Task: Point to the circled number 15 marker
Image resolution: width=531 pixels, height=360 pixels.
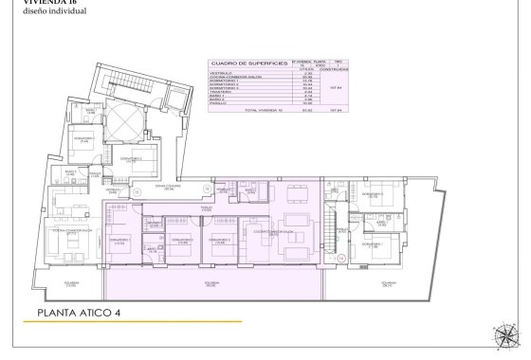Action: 136,191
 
